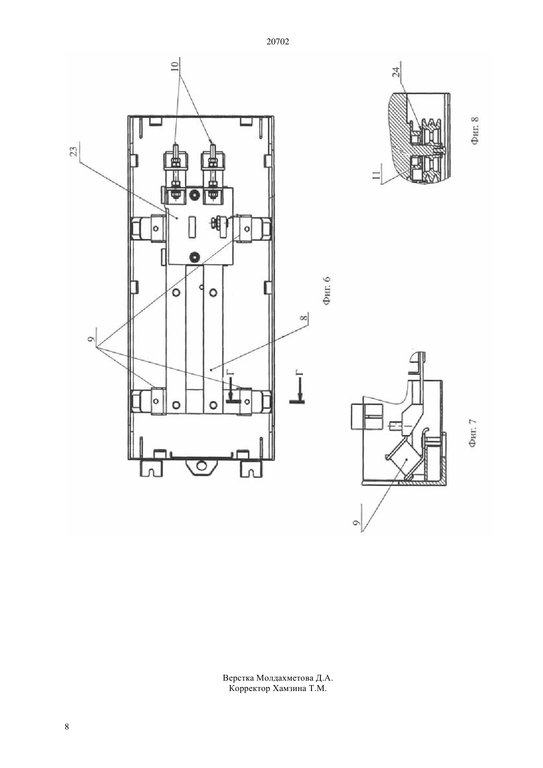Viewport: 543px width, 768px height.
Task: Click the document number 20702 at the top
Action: tap(277, 42)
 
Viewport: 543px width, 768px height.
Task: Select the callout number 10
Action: tap(175, 66)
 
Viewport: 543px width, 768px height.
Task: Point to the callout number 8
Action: tap(304, 318)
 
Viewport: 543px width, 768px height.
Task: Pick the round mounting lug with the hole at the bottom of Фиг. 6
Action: tap(201, 465)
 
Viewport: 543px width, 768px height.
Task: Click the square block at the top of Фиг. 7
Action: tap(366, 416)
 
